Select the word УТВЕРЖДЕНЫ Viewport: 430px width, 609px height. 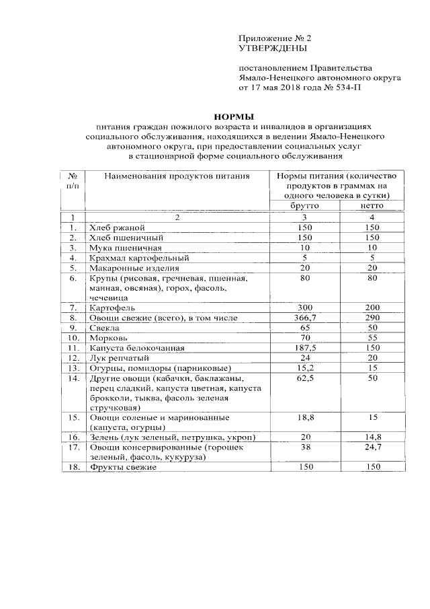(x=273, y=49)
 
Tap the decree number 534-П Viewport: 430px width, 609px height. (x=347, y=87)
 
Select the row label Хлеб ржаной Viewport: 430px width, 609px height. (x=116, y=228)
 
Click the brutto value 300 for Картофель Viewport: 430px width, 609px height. (x=304, y=308)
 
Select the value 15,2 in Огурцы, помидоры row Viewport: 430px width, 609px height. (x=304, y=367)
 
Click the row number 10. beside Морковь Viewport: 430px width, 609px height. (x=75, y=338)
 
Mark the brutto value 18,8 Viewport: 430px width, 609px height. (x=304, y=417)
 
